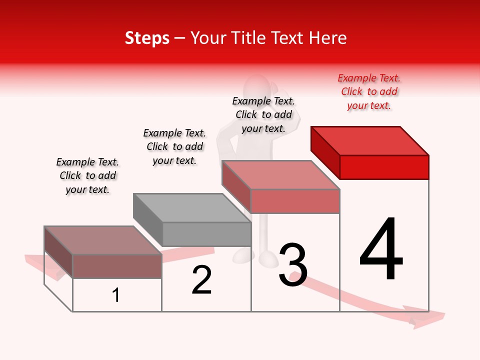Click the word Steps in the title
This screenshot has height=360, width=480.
147,38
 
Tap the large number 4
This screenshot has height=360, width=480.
381,250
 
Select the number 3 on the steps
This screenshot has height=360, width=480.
293,265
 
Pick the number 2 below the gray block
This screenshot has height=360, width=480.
201,280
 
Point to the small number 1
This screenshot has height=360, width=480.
116,295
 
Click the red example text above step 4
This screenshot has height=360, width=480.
369,91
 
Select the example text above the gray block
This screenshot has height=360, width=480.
174,146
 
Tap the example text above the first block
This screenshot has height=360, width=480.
87,175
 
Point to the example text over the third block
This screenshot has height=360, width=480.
263,114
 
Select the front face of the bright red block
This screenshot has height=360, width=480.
384,167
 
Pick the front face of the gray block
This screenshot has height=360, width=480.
206,234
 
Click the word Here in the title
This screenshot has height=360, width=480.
328,38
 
